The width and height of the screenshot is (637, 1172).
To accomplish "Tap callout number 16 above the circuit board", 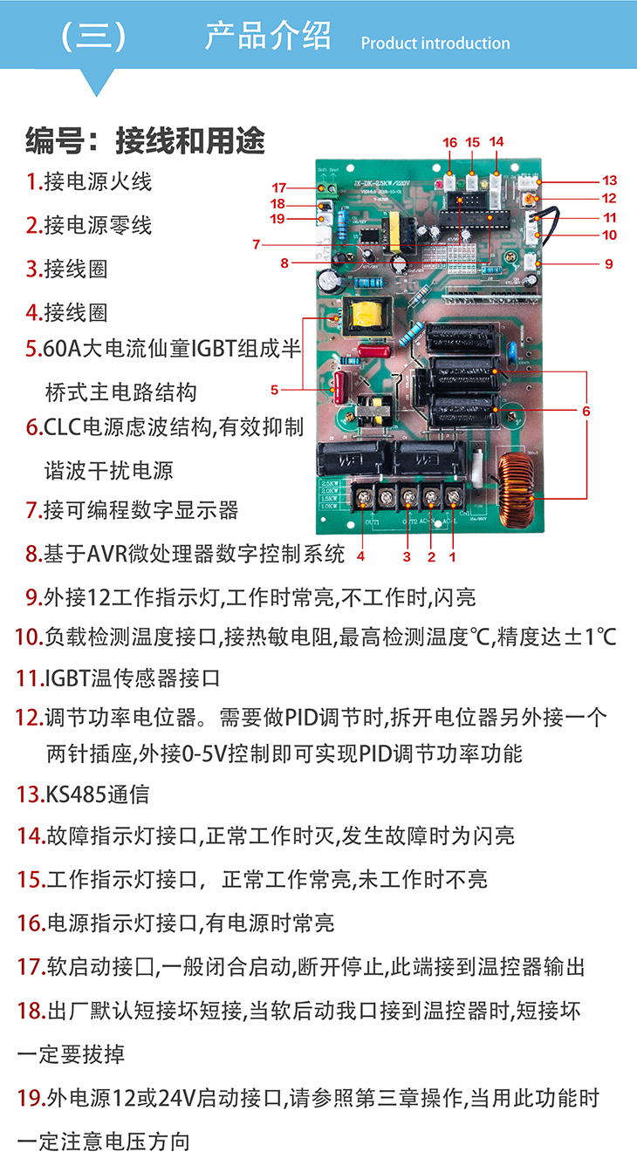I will (x=449, y=142).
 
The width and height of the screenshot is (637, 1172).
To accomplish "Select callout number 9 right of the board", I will (x=608, y=263).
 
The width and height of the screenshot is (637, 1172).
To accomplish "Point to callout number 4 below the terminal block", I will (x=360, y=555).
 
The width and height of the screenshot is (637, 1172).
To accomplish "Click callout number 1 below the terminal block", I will (x=452, y=555).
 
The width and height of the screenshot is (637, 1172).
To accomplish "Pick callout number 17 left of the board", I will (x=278, y=187).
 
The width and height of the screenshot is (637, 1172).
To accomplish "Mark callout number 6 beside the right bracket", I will (x=586, y=411).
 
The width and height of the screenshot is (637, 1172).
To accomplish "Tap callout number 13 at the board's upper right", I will (x=609, y=181).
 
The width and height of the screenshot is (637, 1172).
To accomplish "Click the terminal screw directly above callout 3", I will (x=408, y=499).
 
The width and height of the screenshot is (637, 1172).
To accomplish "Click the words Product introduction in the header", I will (x=435, y=44).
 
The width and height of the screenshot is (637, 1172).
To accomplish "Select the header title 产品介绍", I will (x=268, y=37).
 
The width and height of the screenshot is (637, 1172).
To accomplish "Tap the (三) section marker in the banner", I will (x=94, y=37).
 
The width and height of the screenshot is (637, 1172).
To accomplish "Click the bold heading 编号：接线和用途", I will (x=145, y=140).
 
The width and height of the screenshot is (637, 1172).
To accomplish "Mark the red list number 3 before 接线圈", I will (x=32, y=269).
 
